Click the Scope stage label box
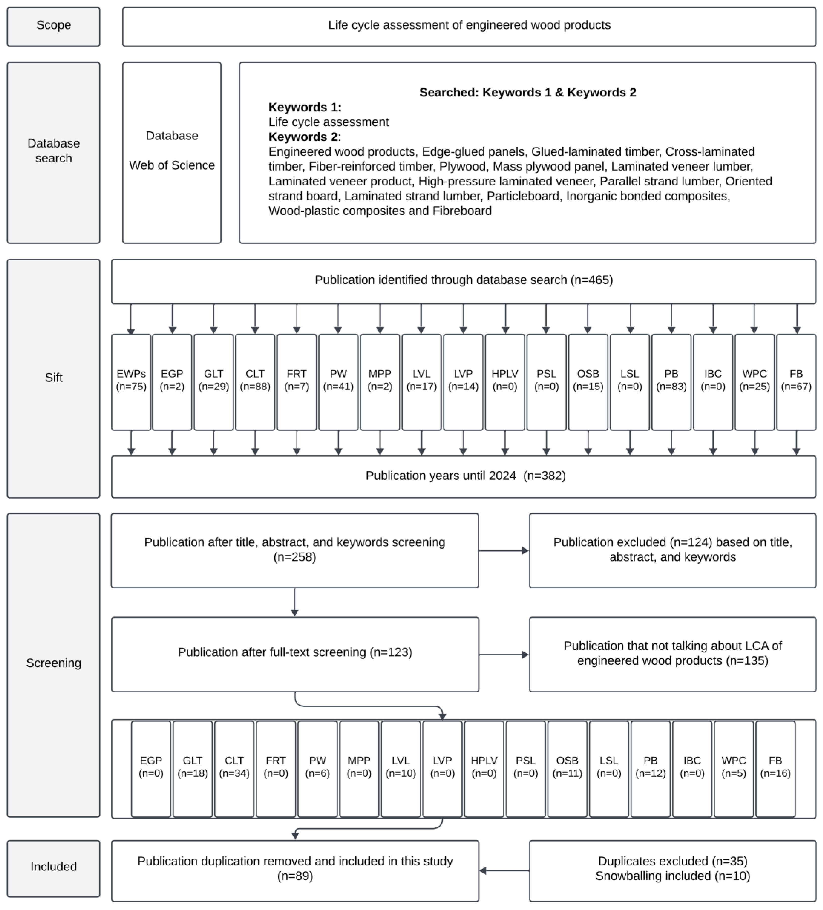(53, 26)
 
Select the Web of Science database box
(172, 153)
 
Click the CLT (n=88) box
(255, 382)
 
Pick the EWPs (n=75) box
(131, 382)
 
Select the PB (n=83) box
(671, 382)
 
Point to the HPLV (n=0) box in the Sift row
(505, 382)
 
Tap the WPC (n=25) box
(754, 382)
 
